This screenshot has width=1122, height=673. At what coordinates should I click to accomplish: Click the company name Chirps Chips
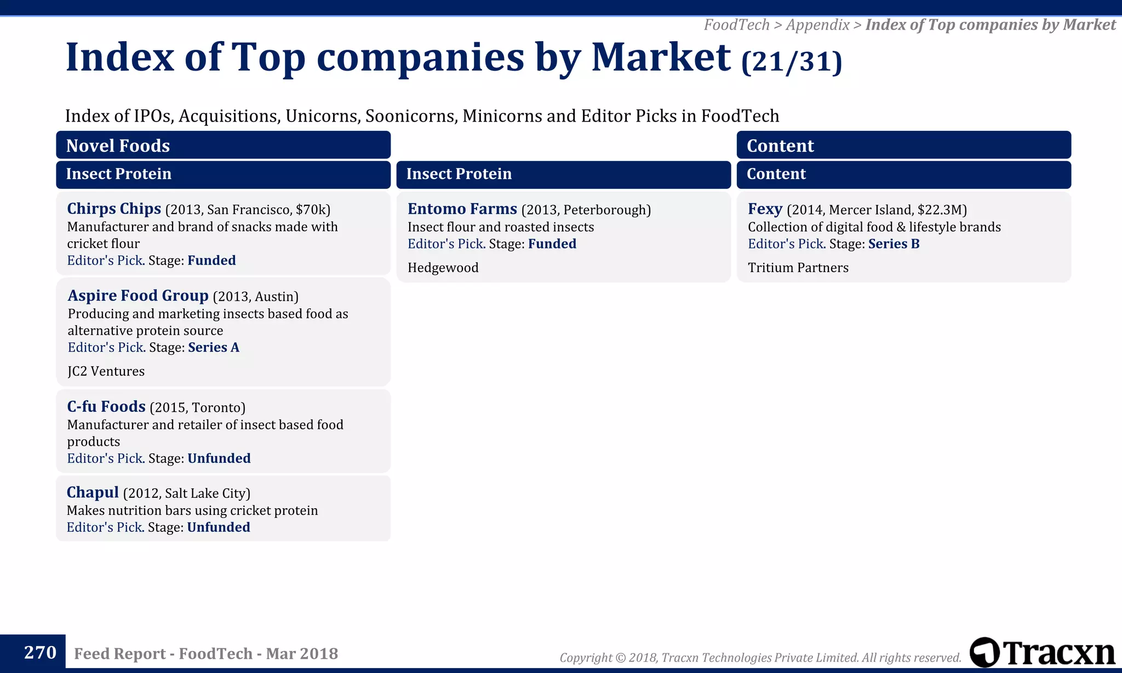coord(114,209)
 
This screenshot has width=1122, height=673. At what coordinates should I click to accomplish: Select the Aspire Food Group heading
coord(138,296)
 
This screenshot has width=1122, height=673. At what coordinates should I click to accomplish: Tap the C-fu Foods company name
coord(106,406)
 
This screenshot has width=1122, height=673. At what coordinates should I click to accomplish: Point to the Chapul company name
coord(93,492)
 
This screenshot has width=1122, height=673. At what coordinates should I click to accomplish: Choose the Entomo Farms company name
coord(462,209)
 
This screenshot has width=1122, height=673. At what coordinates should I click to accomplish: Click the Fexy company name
coord(765,209)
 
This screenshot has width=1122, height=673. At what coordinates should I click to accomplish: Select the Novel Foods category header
coord(118,146)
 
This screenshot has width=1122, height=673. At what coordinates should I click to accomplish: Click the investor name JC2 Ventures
coord(106,371)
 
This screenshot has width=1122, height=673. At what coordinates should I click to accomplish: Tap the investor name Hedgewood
coord(443,268)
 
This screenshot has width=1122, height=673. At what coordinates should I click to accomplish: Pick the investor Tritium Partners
coord(798,268)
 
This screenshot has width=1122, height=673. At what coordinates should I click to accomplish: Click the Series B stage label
coord(894,244)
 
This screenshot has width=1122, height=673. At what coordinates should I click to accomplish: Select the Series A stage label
coord(214,347)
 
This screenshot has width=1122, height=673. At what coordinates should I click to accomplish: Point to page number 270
coord(40,653)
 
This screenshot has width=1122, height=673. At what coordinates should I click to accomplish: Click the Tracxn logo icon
coord(984,652)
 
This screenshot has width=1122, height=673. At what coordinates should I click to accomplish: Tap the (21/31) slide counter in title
coord(791,61)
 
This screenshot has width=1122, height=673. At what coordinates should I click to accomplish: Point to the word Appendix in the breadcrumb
coord(817,25)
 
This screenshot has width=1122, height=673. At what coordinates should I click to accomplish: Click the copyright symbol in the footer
coord(620,658)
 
